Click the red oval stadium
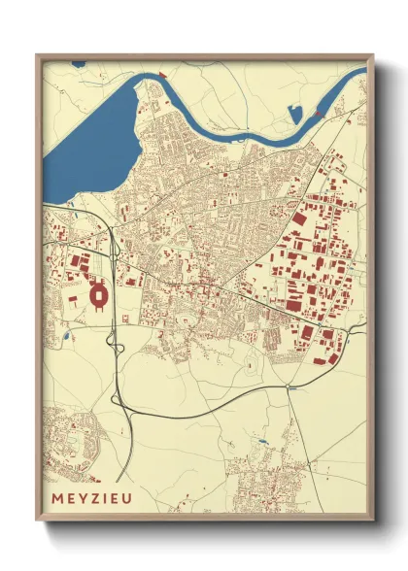(x=98, y=293)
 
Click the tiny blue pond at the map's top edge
(x=79, y=65)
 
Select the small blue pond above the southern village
(x=261, y=443)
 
